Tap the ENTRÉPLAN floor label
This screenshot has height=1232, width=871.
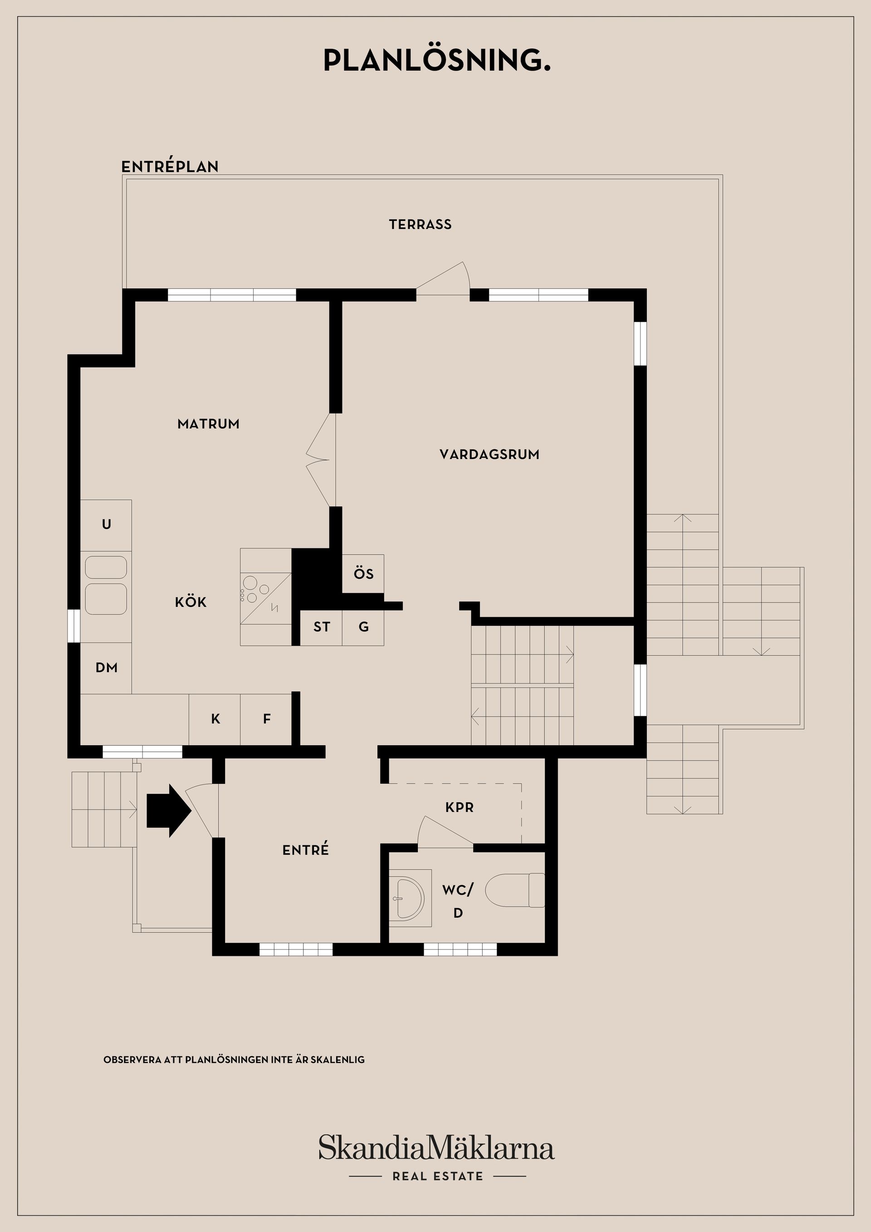[x=170, y=166]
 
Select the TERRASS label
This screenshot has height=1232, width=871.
[x=420, y=224]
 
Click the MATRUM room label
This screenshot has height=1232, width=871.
[x=208, y=424]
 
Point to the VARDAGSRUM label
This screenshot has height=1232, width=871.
[x=489, y=455]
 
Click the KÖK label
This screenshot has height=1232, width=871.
[x=191, y=602]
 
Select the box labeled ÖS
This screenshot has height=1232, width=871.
[x=363, y=574]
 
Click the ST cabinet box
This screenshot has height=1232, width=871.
[x=322, y=627]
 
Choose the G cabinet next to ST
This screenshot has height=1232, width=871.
[x=363, y=627]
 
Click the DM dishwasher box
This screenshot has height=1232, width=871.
[x=106, y=668]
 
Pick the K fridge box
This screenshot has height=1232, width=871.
[x=215, y=719]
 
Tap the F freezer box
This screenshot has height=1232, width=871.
[x=267, y=719]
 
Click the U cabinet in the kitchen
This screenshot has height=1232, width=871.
[x=106, y=524]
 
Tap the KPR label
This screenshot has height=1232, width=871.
[x=460, y=807]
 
